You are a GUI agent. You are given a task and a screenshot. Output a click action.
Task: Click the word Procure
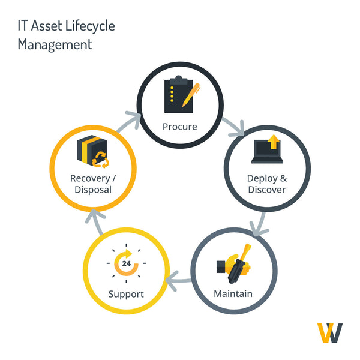point(180,127)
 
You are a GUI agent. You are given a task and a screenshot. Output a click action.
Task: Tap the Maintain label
point(233,294)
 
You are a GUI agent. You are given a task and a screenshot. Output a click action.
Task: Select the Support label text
point(126,295)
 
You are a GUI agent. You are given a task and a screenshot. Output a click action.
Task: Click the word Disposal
point(93,190)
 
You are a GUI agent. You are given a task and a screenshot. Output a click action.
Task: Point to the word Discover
point(267,190)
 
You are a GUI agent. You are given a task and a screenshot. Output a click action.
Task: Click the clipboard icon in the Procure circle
point(179,94)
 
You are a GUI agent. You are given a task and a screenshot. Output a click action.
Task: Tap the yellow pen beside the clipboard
point(191,95)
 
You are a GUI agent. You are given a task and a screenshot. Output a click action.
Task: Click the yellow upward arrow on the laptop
point(274,142)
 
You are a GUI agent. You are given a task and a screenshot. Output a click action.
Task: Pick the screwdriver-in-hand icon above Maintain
point(234,263)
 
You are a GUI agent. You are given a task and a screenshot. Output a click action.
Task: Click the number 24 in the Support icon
point(127,263)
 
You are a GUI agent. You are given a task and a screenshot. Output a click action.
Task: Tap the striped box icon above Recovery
point(92,150)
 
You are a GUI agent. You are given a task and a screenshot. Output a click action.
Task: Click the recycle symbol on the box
point(100,160)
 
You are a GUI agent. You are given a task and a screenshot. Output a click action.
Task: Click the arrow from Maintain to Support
point(178,281)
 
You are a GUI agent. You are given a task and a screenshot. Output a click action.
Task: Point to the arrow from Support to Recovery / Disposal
point(95,221)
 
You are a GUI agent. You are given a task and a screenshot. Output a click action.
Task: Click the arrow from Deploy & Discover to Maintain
point(260,224)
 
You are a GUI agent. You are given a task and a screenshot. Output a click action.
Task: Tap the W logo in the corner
point(330,333)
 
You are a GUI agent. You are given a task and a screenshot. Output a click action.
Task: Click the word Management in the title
point(55,44)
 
